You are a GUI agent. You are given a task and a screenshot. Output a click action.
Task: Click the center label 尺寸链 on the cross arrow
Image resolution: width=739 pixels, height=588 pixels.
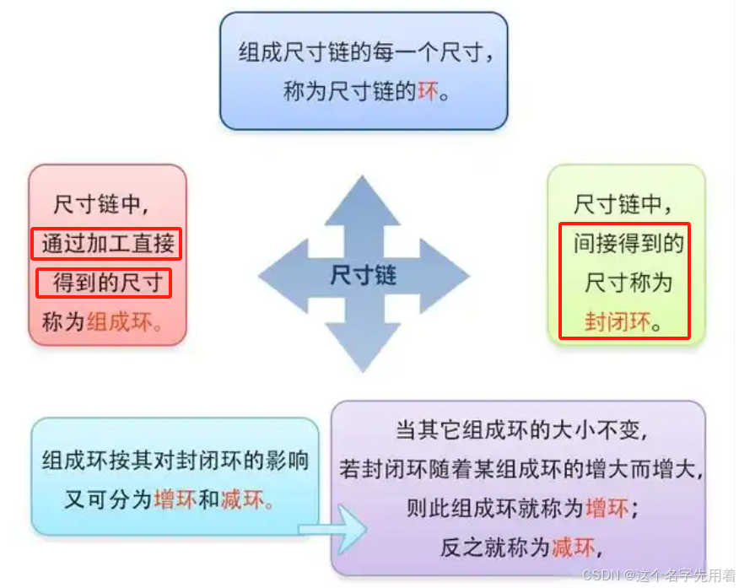[364, 276]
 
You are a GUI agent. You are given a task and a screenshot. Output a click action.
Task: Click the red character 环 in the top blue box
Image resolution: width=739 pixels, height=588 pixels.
[429, 91]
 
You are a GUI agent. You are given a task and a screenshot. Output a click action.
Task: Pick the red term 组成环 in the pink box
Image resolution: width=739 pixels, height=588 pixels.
[121, 321]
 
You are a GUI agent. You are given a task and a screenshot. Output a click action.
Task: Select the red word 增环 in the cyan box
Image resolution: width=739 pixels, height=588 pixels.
[175, 499]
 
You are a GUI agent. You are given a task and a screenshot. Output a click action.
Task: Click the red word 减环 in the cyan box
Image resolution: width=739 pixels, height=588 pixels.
[240, 499]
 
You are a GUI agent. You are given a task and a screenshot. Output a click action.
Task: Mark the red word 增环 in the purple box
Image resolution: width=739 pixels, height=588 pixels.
[607, 509]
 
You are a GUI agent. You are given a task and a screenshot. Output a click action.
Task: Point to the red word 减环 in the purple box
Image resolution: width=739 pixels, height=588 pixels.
[574, 548]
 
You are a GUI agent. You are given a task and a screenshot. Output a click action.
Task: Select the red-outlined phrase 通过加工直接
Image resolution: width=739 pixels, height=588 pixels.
[107, 244]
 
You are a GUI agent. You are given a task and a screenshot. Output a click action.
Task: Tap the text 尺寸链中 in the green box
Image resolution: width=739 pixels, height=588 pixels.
[624, 204]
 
